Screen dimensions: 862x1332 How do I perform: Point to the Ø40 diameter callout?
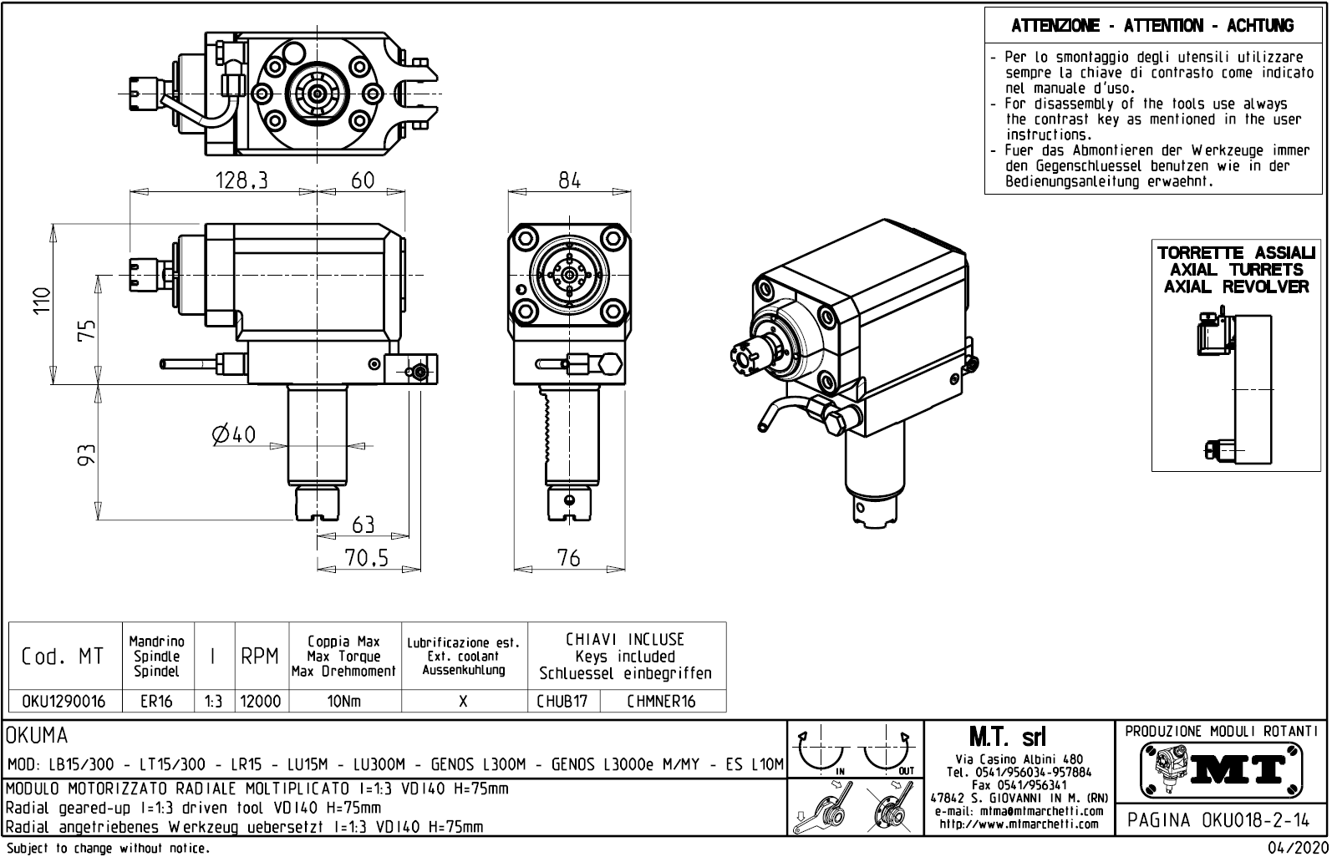(x=234, y=434)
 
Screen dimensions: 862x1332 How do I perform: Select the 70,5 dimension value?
(x=367, y=558)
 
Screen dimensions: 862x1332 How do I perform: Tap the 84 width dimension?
(x=569, y=180)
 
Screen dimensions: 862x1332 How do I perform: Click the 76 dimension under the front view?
(x=568, y=558)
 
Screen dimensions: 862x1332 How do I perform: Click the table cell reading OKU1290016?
(x=64, y=702)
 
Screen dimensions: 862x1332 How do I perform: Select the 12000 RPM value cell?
(x=261, y=702)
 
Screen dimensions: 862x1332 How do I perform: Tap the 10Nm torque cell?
(x=344, y=702)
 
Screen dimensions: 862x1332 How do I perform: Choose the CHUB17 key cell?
(x=562, y=702)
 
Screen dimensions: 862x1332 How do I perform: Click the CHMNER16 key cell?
(x=661, y=702)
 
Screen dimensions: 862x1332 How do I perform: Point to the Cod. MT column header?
(x=64, y=657)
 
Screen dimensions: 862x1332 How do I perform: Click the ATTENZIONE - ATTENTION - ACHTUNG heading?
(x=1152, y=26)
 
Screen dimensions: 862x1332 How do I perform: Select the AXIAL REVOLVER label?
(x=1236, y=286)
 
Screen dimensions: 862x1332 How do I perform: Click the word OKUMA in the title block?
(x=37, y=736)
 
